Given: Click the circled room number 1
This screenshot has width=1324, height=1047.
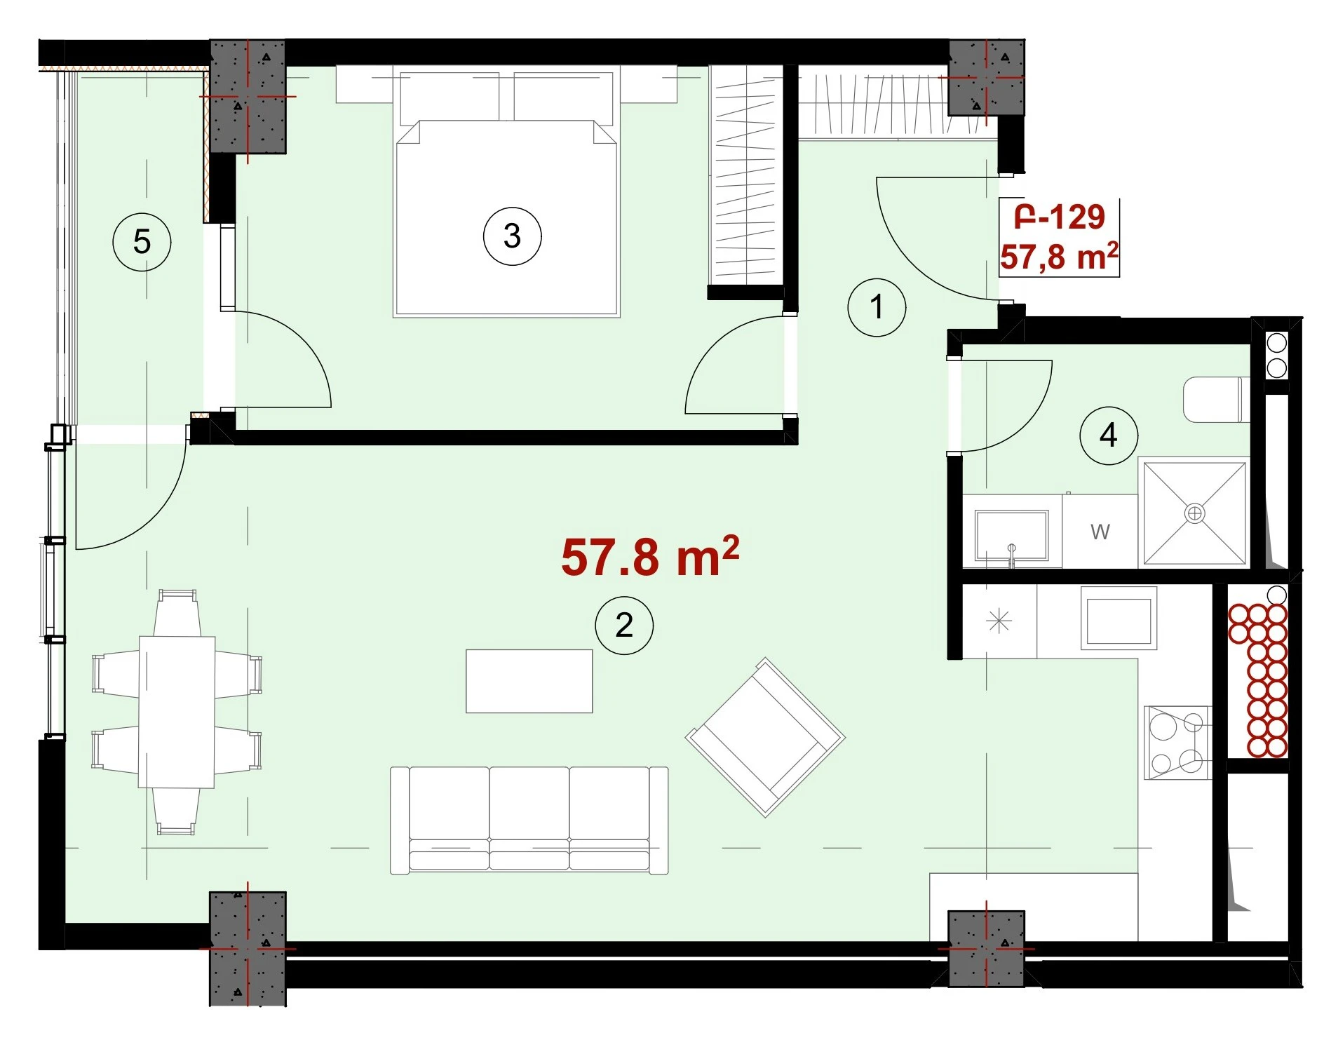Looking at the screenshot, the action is [877, 307].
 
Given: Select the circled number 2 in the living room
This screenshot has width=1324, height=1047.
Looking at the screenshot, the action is [624, 625].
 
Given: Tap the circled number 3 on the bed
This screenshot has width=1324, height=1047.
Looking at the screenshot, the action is [512, 236].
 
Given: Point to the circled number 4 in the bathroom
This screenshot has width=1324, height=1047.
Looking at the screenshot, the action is [1108, 435].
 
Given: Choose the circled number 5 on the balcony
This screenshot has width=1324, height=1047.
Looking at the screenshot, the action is [142, 242].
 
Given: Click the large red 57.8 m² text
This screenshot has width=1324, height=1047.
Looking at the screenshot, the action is [650, 557].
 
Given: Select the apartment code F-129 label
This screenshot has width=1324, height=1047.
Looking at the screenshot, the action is [1060, 216].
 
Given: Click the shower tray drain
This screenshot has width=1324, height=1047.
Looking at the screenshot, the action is [1194, 513].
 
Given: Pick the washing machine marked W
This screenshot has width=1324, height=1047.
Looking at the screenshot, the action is [1100, 532].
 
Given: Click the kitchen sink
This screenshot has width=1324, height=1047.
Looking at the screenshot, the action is [1118, 621].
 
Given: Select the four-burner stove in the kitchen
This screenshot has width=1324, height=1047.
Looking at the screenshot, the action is [1177, 743].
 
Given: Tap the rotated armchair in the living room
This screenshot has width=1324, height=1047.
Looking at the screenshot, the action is [765, 737].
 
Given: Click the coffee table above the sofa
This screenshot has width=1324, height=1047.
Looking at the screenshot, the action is [529, 681].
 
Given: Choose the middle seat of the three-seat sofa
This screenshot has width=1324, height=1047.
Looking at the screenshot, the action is [529, 819].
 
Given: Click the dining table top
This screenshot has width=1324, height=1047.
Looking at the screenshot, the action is [177, 712].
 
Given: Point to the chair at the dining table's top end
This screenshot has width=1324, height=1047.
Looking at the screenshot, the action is [177, 613].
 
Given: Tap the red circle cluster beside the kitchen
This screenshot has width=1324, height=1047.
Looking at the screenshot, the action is [1258, 680].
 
